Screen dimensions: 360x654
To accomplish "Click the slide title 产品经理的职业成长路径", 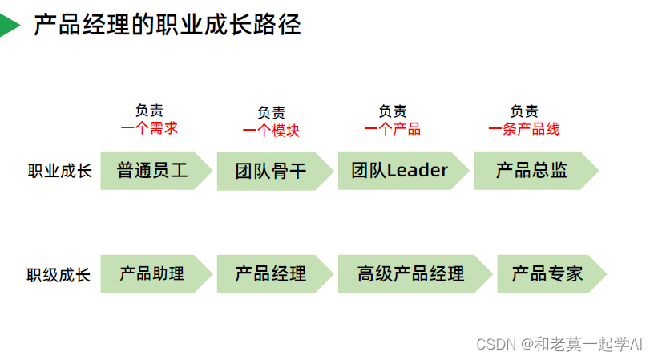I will coord(167,25).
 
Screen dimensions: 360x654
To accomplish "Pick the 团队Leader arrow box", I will coord(400,170).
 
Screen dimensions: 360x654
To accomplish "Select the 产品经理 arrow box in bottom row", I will coord(271,273).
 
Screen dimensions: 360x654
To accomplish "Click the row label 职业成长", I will coord(60,171).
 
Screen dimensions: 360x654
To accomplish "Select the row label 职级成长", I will coord(59,275).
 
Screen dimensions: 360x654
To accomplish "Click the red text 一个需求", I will coord(149,127).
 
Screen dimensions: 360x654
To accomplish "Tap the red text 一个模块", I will coord(271,130).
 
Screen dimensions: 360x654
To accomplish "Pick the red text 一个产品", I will coord(392,128).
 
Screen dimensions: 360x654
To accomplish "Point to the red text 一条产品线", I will coord(523,128).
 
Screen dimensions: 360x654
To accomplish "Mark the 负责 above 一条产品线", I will coord(524,111).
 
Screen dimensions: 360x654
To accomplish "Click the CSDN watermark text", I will coord(559,344).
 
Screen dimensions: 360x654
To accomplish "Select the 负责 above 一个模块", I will coord(271,113).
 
